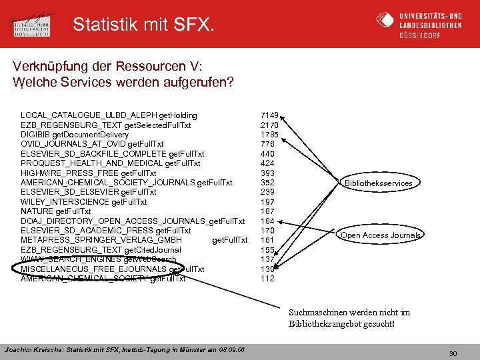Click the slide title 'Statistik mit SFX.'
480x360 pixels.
click(x=143, y=25)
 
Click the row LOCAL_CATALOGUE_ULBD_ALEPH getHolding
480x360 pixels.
click(x=109, y=115)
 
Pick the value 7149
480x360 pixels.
click(x=269, y=115)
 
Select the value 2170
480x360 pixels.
click(x=269, y=125)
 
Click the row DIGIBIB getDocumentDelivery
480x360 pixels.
click(x=75, y=135)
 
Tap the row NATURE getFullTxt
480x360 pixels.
click(x=51, y=211)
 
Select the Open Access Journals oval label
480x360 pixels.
click(x=381, y=235)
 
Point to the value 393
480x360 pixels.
click(x=267, y=173)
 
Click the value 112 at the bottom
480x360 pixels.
click(x=267, y=279)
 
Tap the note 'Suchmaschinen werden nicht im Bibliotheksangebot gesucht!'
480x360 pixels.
click(x=349, y=317)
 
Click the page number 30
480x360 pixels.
click(x=453, y=353)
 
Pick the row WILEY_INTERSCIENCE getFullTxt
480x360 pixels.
click(x=84, y=202)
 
